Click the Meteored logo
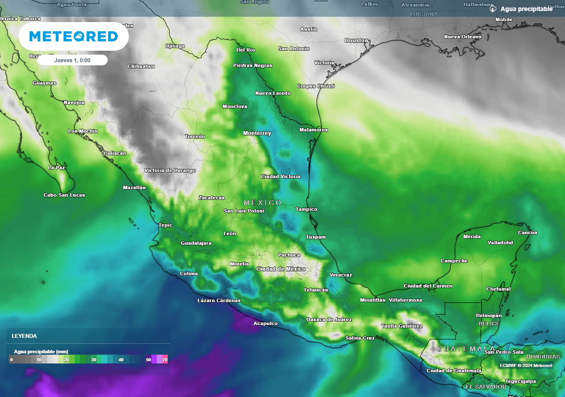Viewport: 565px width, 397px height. pyautogui.click(x=74, y=36)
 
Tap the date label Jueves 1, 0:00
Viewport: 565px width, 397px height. pyautogui.click(x=72, y=60)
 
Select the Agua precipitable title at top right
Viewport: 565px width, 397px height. pyautogui.click(x=526, y=9)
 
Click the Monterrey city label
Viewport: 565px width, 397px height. pyautogui.click(x=257, y=133)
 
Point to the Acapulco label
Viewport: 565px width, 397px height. pyautogui.click(x=265, y=323)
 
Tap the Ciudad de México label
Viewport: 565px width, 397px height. pyautogui.click(x=281, y=269)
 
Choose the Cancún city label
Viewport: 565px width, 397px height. pyautogui.click(x=527, y=232)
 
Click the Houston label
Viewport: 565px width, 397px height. pyautogui.click(x=356, y=41)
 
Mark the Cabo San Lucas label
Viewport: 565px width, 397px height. pyautogui.click(x=64, y=195)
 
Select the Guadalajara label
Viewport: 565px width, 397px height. pyautogui.click(x=196, y=243)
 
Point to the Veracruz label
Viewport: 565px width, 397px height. pyautogui.click(x=341, y=275)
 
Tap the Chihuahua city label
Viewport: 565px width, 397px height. pyautogui.click(x=141, y=66)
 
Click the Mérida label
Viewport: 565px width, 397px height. pyautogui.click(x=472, y=236)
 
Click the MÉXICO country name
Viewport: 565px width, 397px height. pyautogui.click(x=263, y=202)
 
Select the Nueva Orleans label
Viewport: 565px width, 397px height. pyautogui.click(x=463, y=37)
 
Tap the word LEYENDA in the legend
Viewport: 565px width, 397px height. pyautogui.click(x=24, y=336)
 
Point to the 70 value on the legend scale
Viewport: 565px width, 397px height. pyautogui.click(x=165, y=360)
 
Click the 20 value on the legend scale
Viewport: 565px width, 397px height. pyautogui.click(x=66, y=360)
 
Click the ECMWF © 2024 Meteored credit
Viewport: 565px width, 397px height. pyautogui.click(x=526, y=365)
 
